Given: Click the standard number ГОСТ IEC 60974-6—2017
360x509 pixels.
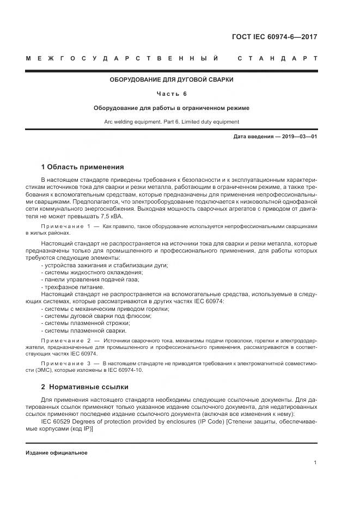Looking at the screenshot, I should click(274, 38).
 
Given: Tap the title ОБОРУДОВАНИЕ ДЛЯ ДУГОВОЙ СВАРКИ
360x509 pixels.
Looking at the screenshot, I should click(172, 79).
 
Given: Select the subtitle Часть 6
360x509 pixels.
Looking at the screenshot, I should click(172, 94).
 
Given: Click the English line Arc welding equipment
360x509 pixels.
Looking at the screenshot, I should click(172, 122).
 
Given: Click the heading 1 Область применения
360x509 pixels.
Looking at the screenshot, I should click(83, 167).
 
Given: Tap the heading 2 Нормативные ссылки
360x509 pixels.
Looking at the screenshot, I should click(85, 387).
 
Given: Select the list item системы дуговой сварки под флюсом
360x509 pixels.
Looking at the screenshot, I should click(94, 316).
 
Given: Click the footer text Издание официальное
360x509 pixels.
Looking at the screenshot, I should click(57, 453).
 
